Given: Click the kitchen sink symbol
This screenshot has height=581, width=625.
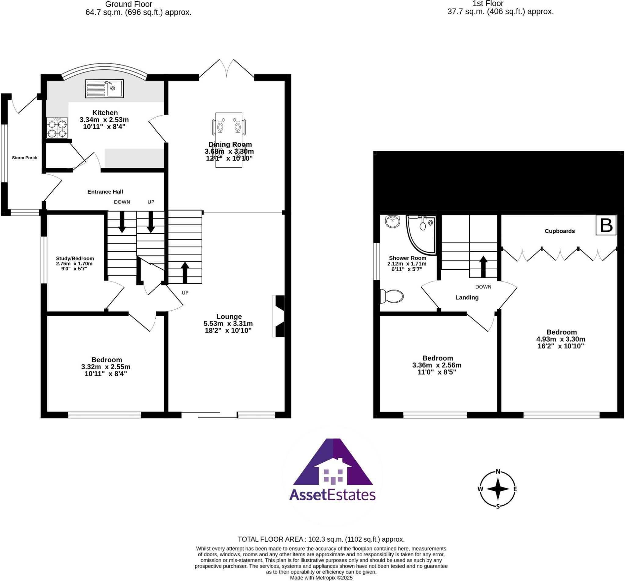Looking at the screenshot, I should [104, 89].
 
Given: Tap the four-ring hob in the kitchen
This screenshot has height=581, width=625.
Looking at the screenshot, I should [57, 127].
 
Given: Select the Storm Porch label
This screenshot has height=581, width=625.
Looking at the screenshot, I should [24, 158].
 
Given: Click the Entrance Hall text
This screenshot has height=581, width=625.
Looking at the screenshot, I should [105, 192].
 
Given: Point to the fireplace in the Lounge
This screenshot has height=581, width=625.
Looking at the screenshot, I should [279, 316].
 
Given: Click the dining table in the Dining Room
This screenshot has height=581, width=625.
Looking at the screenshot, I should [229, 140].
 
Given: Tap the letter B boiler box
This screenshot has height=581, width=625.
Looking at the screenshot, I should [606, 225].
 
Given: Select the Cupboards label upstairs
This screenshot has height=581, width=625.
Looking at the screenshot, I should [560, 231].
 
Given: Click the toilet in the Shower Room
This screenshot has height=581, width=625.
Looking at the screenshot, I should [392, 296].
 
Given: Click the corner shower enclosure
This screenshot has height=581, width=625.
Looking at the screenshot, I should [421, 234].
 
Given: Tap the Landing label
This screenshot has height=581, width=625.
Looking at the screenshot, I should [467, 297].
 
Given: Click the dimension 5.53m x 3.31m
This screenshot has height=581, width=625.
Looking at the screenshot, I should [228, 323].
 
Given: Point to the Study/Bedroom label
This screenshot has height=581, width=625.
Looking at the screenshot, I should [75, 258].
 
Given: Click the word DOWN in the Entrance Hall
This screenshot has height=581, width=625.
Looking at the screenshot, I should [122, 202].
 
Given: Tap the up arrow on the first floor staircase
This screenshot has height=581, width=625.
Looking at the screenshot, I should [483, 267].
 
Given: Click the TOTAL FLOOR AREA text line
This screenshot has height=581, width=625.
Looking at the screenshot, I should [321, 539].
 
